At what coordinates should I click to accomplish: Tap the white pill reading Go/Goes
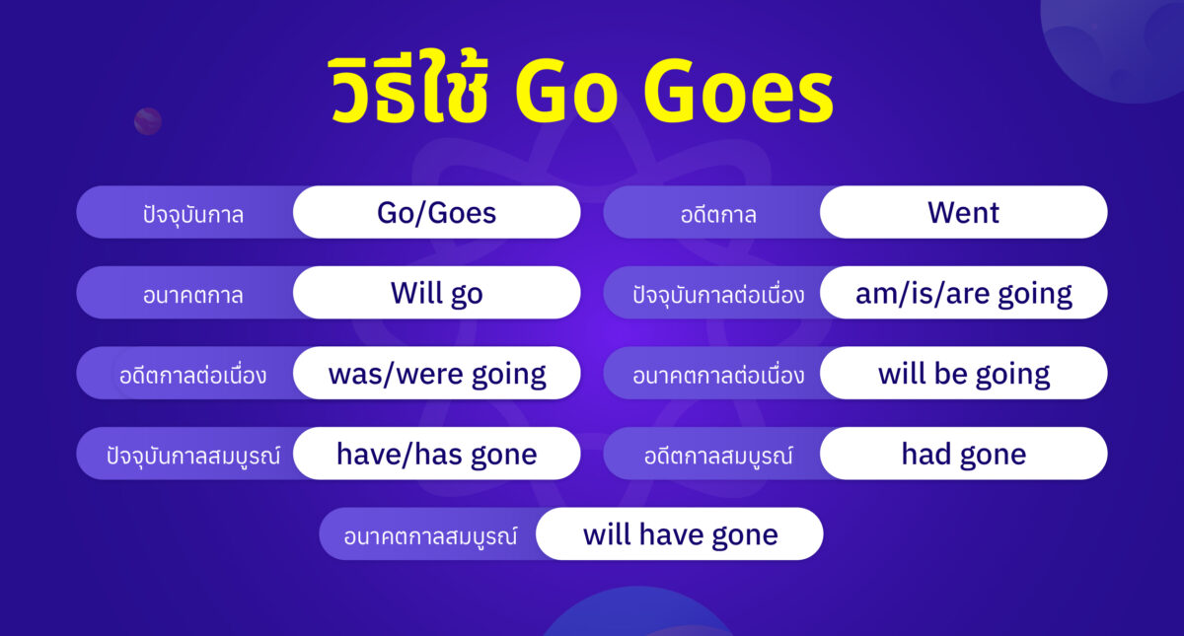436,212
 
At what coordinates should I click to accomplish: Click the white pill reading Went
963,212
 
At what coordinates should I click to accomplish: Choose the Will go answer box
436,293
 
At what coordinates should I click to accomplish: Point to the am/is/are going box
963,293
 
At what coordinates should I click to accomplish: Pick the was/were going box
436,374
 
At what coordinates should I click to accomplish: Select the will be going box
963,374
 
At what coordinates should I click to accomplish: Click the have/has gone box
436,454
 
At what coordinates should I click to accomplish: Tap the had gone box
963,454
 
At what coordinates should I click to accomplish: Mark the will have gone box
680,534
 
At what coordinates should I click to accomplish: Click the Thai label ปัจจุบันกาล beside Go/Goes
192,214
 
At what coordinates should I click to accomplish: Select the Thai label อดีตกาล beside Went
718,214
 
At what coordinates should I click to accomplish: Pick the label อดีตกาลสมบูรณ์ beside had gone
718,456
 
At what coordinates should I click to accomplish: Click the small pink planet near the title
148,121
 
